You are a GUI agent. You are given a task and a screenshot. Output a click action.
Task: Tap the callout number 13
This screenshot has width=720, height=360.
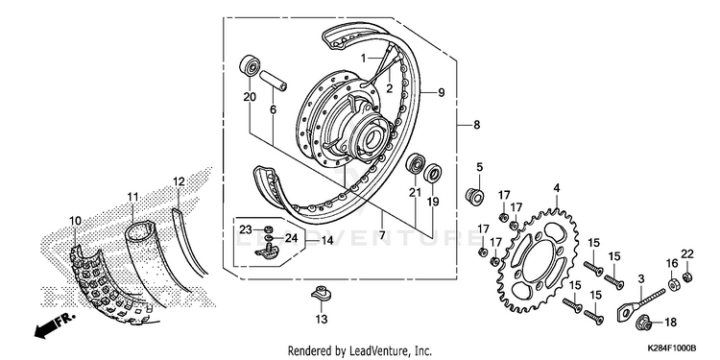coord(322,319)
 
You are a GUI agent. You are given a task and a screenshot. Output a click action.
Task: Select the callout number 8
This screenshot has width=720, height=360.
coord(476,125)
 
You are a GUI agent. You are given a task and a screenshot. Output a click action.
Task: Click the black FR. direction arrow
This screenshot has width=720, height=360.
coord(46,328)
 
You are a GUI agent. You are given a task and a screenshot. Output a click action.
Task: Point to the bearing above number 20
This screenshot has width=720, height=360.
coord(250,65)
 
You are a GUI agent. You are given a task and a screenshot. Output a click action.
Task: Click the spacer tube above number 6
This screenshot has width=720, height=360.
coord(274,81)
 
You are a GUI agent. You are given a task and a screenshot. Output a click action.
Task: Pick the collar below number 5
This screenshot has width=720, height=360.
coord(474,197)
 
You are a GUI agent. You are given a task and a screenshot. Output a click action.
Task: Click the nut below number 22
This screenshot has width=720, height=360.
coord(687,276)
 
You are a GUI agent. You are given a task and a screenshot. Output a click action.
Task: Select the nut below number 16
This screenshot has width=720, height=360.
coord(673,285)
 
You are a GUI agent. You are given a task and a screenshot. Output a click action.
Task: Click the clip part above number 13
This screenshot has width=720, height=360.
coord(322,294)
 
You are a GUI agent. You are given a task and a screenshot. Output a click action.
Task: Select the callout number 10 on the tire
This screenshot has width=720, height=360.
coord(75,222)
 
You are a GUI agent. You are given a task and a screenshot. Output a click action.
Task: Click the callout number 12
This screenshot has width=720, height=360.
coord(180,181)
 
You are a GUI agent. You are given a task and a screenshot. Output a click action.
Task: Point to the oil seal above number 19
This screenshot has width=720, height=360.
coord(433,173)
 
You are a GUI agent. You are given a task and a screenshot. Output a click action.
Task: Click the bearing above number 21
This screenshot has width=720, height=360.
coord(416,164)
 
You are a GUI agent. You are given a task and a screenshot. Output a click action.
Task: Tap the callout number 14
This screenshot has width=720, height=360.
coord(327,240)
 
